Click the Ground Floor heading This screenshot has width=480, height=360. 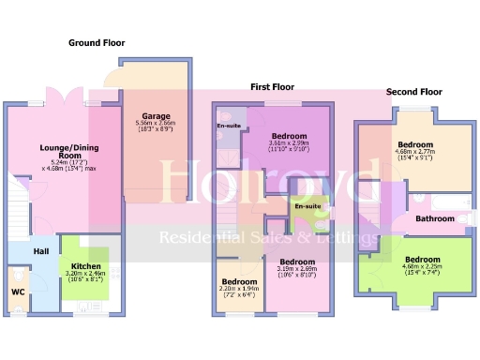[x=97, y=43]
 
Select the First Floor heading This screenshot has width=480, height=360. [x=272, y=87]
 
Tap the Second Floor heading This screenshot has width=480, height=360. [x=413, y=92]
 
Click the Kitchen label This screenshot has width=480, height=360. [x=86, y=266]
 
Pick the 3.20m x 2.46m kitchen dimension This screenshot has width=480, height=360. [x=86, y=274]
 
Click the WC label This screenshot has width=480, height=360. [x=18, y=292]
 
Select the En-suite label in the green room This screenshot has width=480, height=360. [x=307, y=206]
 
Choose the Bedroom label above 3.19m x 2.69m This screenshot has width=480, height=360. [x=296, y=262]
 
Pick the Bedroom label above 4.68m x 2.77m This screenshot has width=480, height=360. [x=414, y=145]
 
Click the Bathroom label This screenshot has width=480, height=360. [x=435, y=219]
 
